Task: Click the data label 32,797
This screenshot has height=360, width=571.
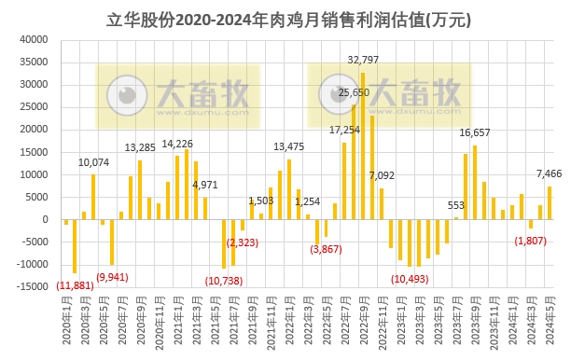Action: pos(363,60)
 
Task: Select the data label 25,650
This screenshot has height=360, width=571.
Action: pos(354,92)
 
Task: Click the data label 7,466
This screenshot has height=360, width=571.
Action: pos(549,173)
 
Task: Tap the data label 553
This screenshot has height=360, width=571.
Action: pos(456,205)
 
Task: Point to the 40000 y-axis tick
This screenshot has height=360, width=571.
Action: pos(34,40)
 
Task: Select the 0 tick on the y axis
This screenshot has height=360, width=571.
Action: pos(45,220)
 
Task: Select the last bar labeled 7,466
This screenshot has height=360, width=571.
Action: pos(550,202)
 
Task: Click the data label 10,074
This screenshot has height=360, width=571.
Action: pos(93,162)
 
